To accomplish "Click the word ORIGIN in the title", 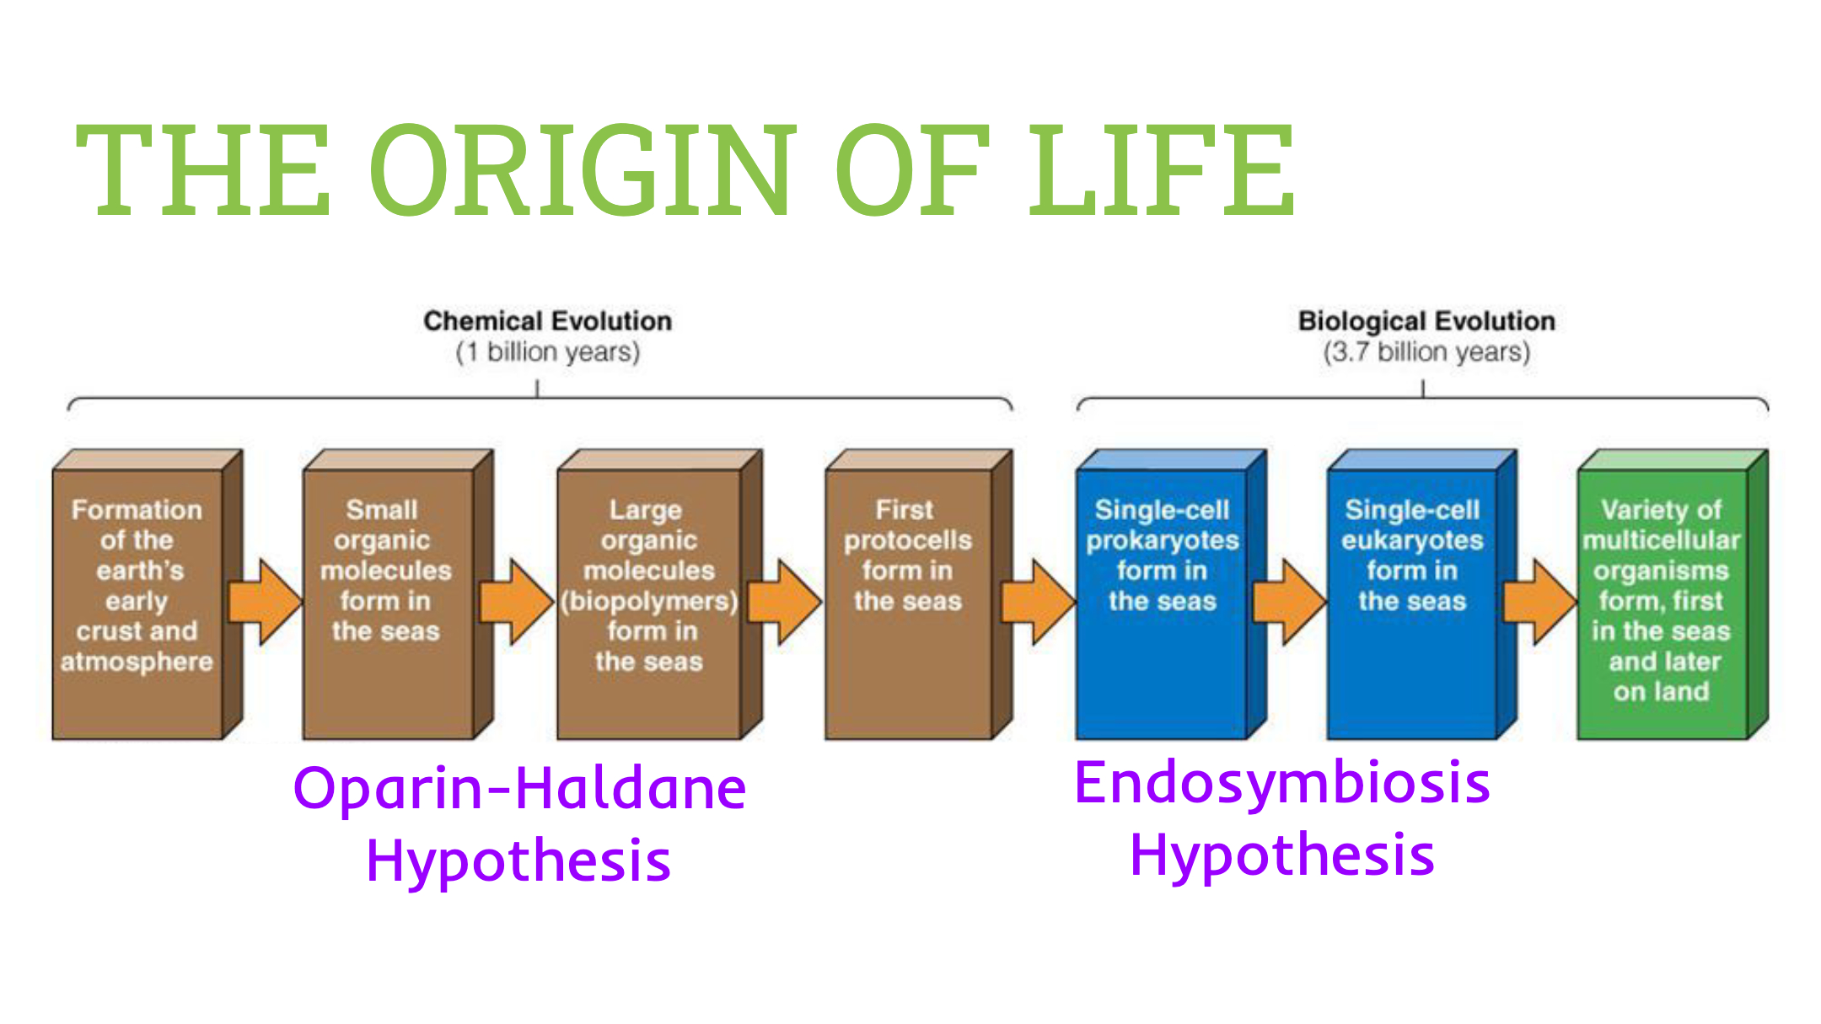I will point(582,169).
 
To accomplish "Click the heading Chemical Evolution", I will point(547,321).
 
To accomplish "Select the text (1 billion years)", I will point(547,352).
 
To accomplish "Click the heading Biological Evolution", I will point(1426,321).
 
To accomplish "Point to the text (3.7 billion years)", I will point(1426,352).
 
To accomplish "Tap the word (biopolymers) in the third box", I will point(649,601).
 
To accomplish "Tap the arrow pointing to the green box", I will point(1539,602).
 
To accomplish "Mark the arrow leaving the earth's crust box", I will point(265,602).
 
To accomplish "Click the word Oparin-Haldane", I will point(519,789).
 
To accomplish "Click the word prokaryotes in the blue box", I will point(1162,541).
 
